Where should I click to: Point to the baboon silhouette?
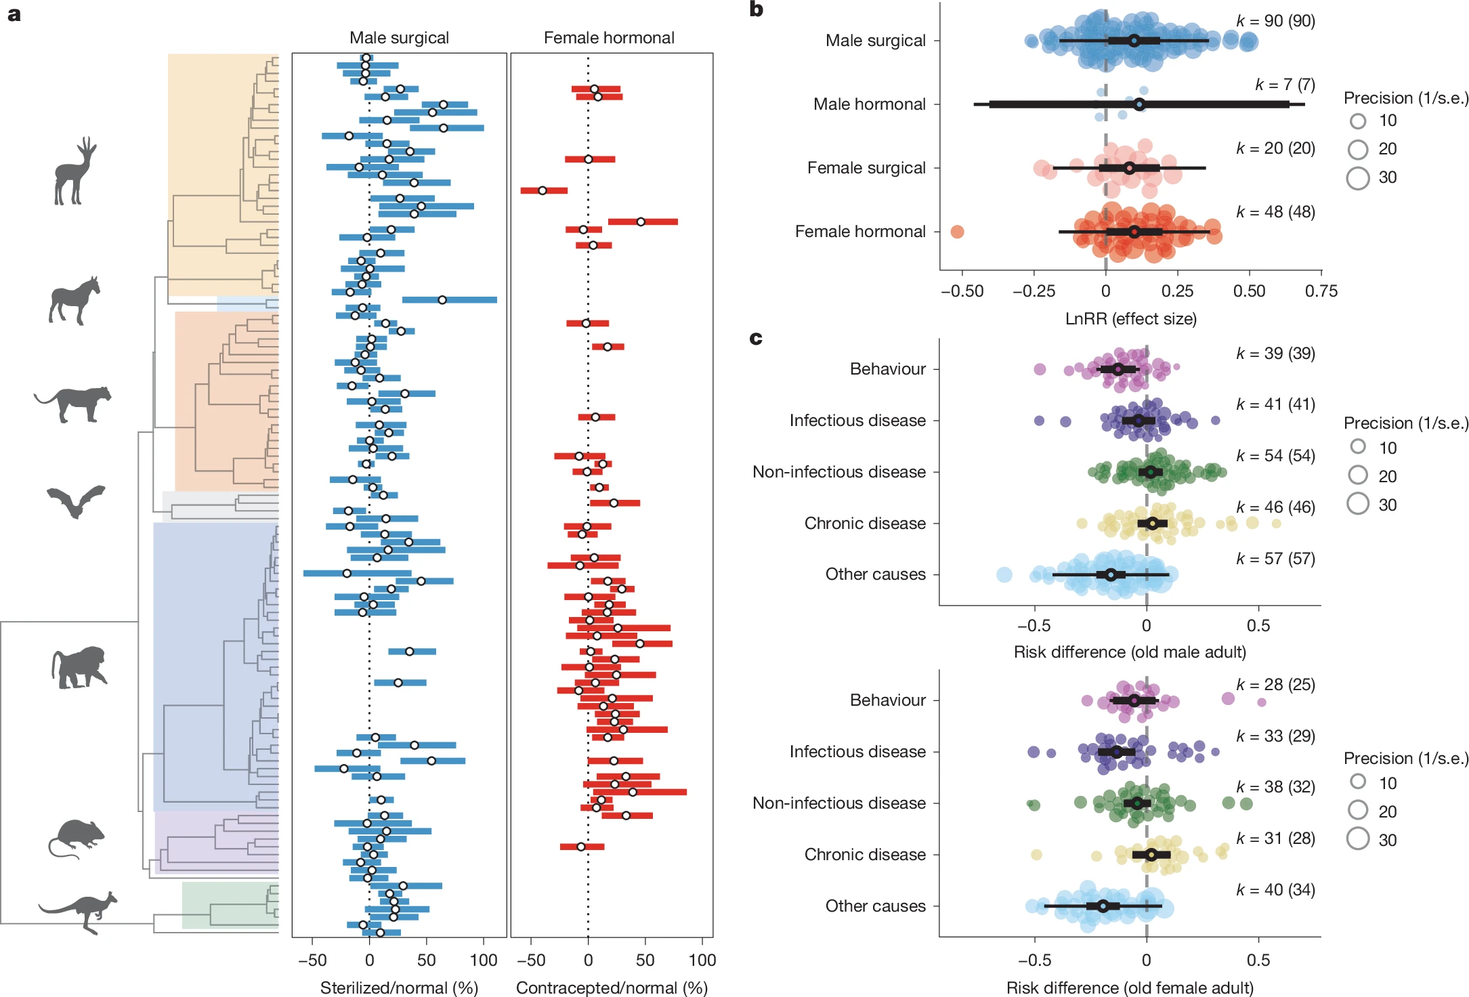click(79, 667)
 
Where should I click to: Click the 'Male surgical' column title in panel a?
click(399, 38)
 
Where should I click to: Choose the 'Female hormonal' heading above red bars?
click(609, 38)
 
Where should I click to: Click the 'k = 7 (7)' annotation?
click(1285, 85)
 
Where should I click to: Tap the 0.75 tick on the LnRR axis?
click(1321, 291)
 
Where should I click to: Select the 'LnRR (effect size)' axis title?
click(1130, 319)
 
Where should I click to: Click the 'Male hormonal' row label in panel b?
click(869, 104)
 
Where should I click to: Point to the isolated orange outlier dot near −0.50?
click(957, 232)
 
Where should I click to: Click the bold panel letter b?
click(757, 9)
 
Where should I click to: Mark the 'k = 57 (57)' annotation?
click(1275, 559)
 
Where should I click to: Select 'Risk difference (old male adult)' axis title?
click(1130, 652)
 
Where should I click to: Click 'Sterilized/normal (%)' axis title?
click(399, 988)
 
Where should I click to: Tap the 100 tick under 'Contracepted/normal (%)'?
click(702, 960)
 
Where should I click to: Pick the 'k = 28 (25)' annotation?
click(1275, 685)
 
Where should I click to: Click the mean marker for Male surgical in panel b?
click(1134, 41)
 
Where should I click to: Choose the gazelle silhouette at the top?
click(74, 171)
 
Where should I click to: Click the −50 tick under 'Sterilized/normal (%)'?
click(312, 960)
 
